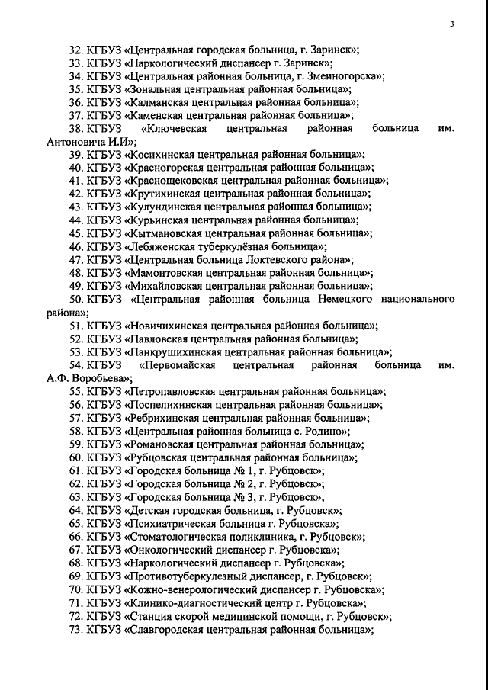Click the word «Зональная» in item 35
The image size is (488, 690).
[x=152, y=89]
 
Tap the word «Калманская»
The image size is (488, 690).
[x=156, y=102]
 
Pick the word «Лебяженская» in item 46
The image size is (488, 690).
[x=160, y=246]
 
